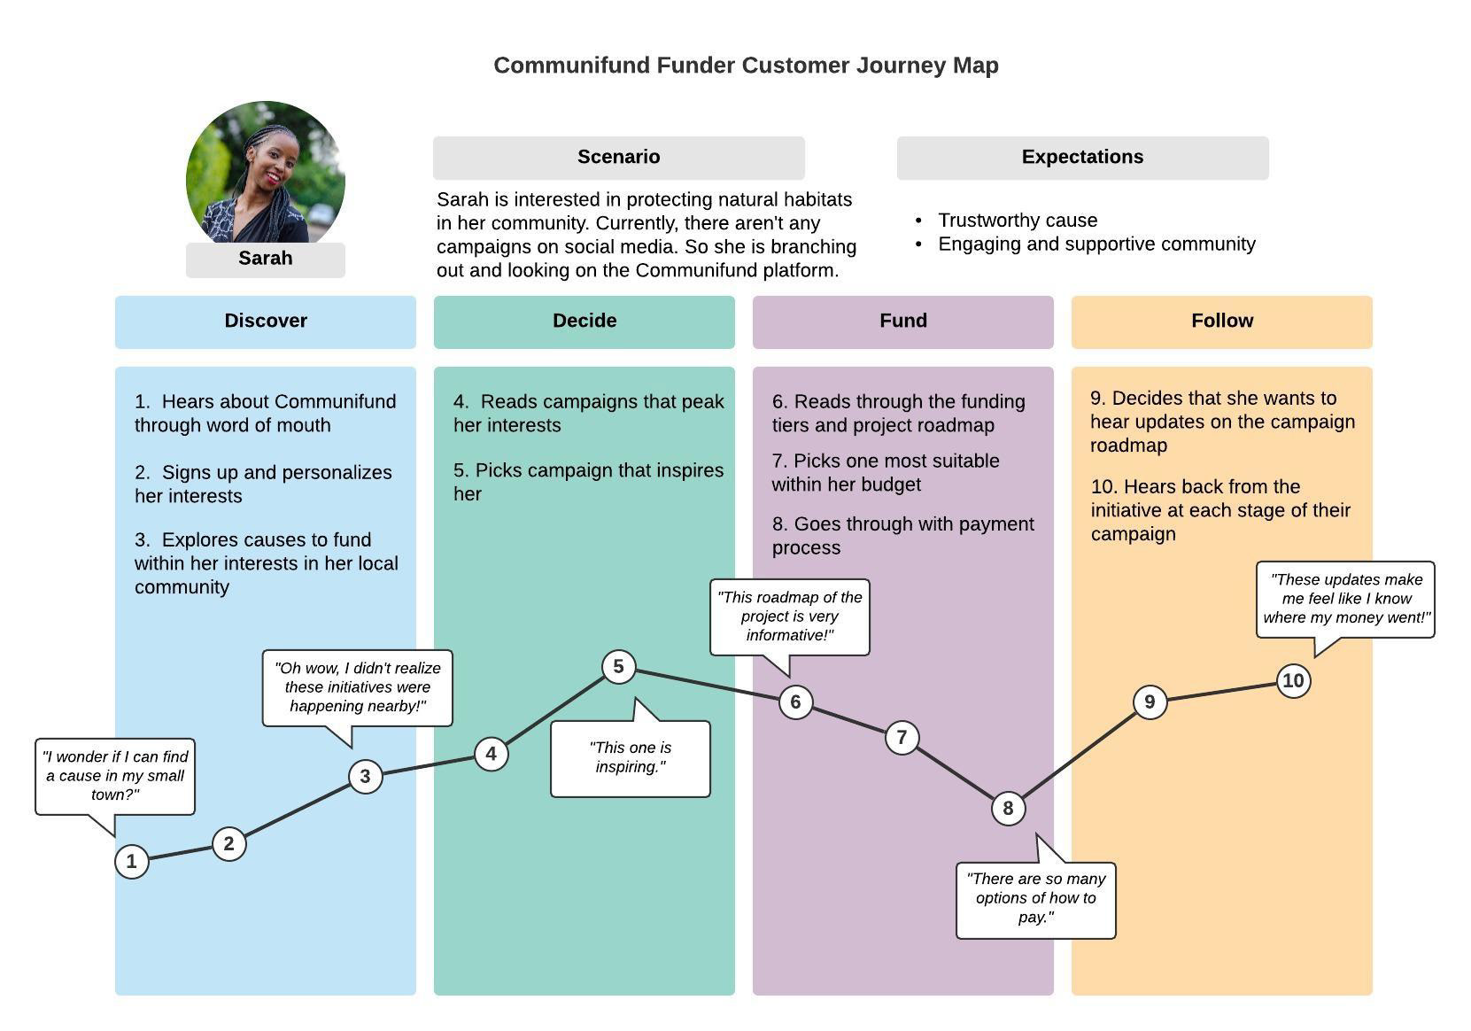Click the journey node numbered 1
coord(131,861)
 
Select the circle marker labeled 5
coord(619,667)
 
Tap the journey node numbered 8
coord(1008,809)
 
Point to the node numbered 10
coord(1293,681)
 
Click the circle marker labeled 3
coord(365,777)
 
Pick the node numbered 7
coord(902,738)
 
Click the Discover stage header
coord(266,322)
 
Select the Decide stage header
coord(584,322)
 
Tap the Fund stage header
coord(903,322)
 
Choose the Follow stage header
coord(1222,322)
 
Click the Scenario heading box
coord(619,158)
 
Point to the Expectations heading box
coord(1083,158)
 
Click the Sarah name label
coord(266,260)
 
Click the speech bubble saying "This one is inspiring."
coord(631,758)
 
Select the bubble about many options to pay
coord(1035,900)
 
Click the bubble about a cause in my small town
coord(115,777)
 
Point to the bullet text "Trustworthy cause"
coord(1018,220)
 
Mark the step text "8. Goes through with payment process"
coord(903,536)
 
